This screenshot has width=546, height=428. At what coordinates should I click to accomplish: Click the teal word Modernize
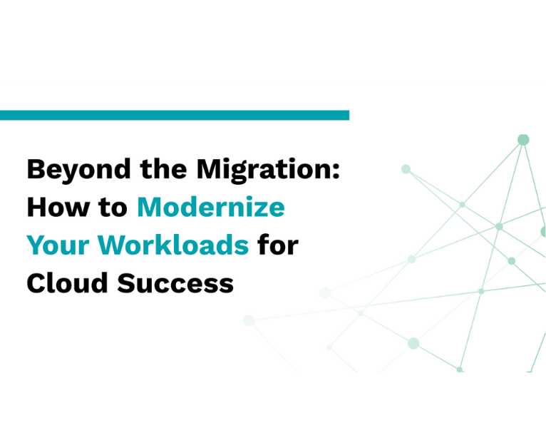[x=210, y=208]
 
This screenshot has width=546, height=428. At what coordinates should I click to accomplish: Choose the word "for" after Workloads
[x=278, y=246]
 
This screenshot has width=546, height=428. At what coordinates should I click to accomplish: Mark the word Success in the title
[x=175, y=284]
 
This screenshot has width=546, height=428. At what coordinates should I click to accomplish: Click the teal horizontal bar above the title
[x=175, y=115]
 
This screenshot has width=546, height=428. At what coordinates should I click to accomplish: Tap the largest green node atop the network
[x=523, y=140]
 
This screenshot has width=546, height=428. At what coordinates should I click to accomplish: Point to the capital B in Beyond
[x=36, y=170]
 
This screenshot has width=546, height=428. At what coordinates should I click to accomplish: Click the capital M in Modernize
[x=150, y=208]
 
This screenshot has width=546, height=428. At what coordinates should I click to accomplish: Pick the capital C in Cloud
[x=36, y=284]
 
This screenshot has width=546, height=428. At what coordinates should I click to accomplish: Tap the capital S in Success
[x=127, y=284]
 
